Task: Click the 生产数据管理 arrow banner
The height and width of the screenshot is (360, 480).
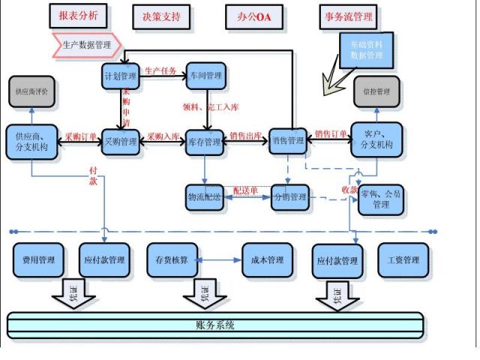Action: pos(85,45)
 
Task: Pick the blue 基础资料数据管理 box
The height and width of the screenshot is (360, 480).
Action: pos(367,50)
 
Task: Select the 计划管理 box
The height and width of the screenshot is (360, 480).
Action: pos(121,76)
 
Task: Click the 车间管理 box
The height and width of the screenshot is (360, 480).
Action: pos(206,76)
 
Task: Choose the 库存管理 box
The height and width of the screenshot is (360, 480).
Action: pos(205,141)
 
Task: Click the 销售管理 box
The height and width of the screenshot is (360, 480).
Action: pos(289,140)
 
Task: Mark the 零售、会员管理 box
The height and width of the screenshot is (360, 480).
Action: pos(381,199)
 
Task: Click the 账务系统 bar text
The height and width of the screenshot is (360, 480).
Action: pos(214,325)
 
